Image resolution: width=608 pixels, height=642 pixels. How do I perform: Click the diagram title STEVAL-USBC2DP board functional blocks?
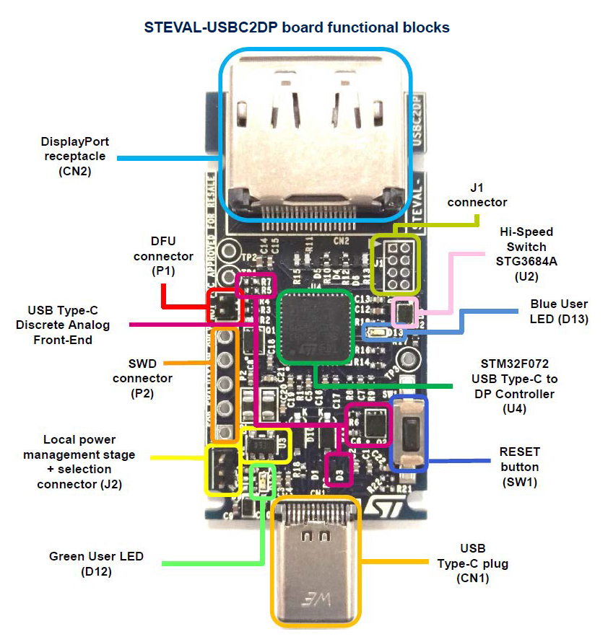297,28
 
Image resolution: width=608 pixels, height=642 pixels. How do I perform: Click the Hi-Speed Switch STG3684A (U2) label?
526,254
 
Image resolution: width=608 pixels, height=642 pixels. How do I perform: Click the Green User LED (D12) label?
96,563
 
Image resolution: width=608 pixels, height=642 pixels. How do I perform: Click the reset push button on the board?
408,434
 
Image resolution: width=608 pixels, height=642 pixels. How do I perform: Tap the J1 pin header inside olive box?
394,264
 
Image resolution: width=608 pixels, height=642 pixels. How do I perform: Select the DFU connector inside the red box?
225,307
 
